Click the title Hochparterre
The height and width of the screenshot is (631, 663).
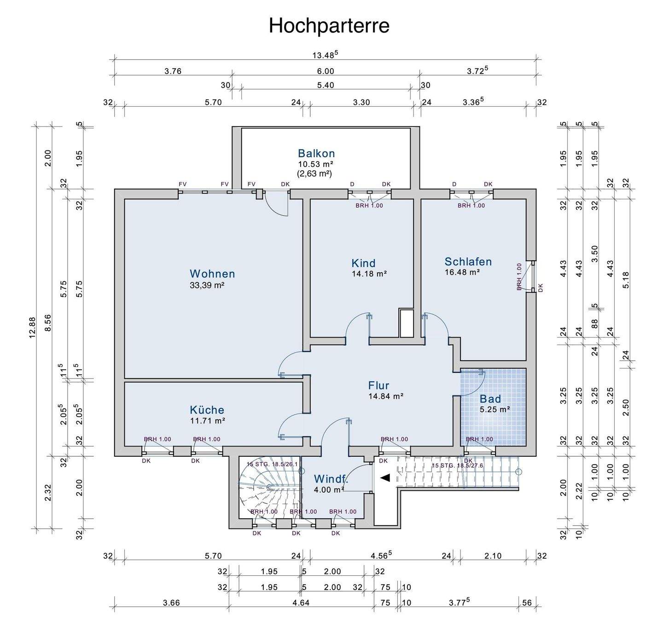click(x=329, y=26)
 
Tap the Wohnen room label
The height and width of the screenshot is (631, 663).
click(x=212, y=274)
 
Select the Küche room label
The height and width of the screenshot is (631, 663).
click(x=207, y=410)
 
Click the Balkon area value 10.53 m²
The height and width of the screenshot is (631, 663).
click(x=315, y=164)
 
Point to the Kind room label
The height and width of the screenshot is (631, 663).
click(x=363, y=263)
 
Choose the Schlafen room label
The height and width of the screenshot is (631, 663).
click(x=468, y=262)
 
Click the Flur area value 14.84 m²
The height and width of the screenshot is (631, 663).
click(x=386, y=396)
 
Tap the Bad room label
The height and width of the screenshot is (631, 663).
click(x=490, y=399)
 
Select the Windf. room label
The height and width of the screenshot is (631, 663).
click(x=331, y=479)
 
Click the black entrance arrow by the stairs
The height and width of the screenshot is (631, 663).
click(x=385, y=478)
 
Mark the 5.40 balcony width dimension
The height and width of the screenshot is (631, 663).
click(x=326, y=85)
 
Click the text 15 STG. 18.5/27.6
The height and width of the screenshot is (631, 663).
click(x=457, y=465)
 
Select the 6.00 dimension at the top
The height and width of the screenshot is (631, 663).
click(x=325, y=71)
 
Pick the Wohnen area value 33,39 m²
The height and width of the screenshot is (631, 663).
click(x=207, y=285)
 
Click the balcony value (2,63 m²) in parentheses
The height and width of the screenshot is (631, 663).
click(x=315, y=173)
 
